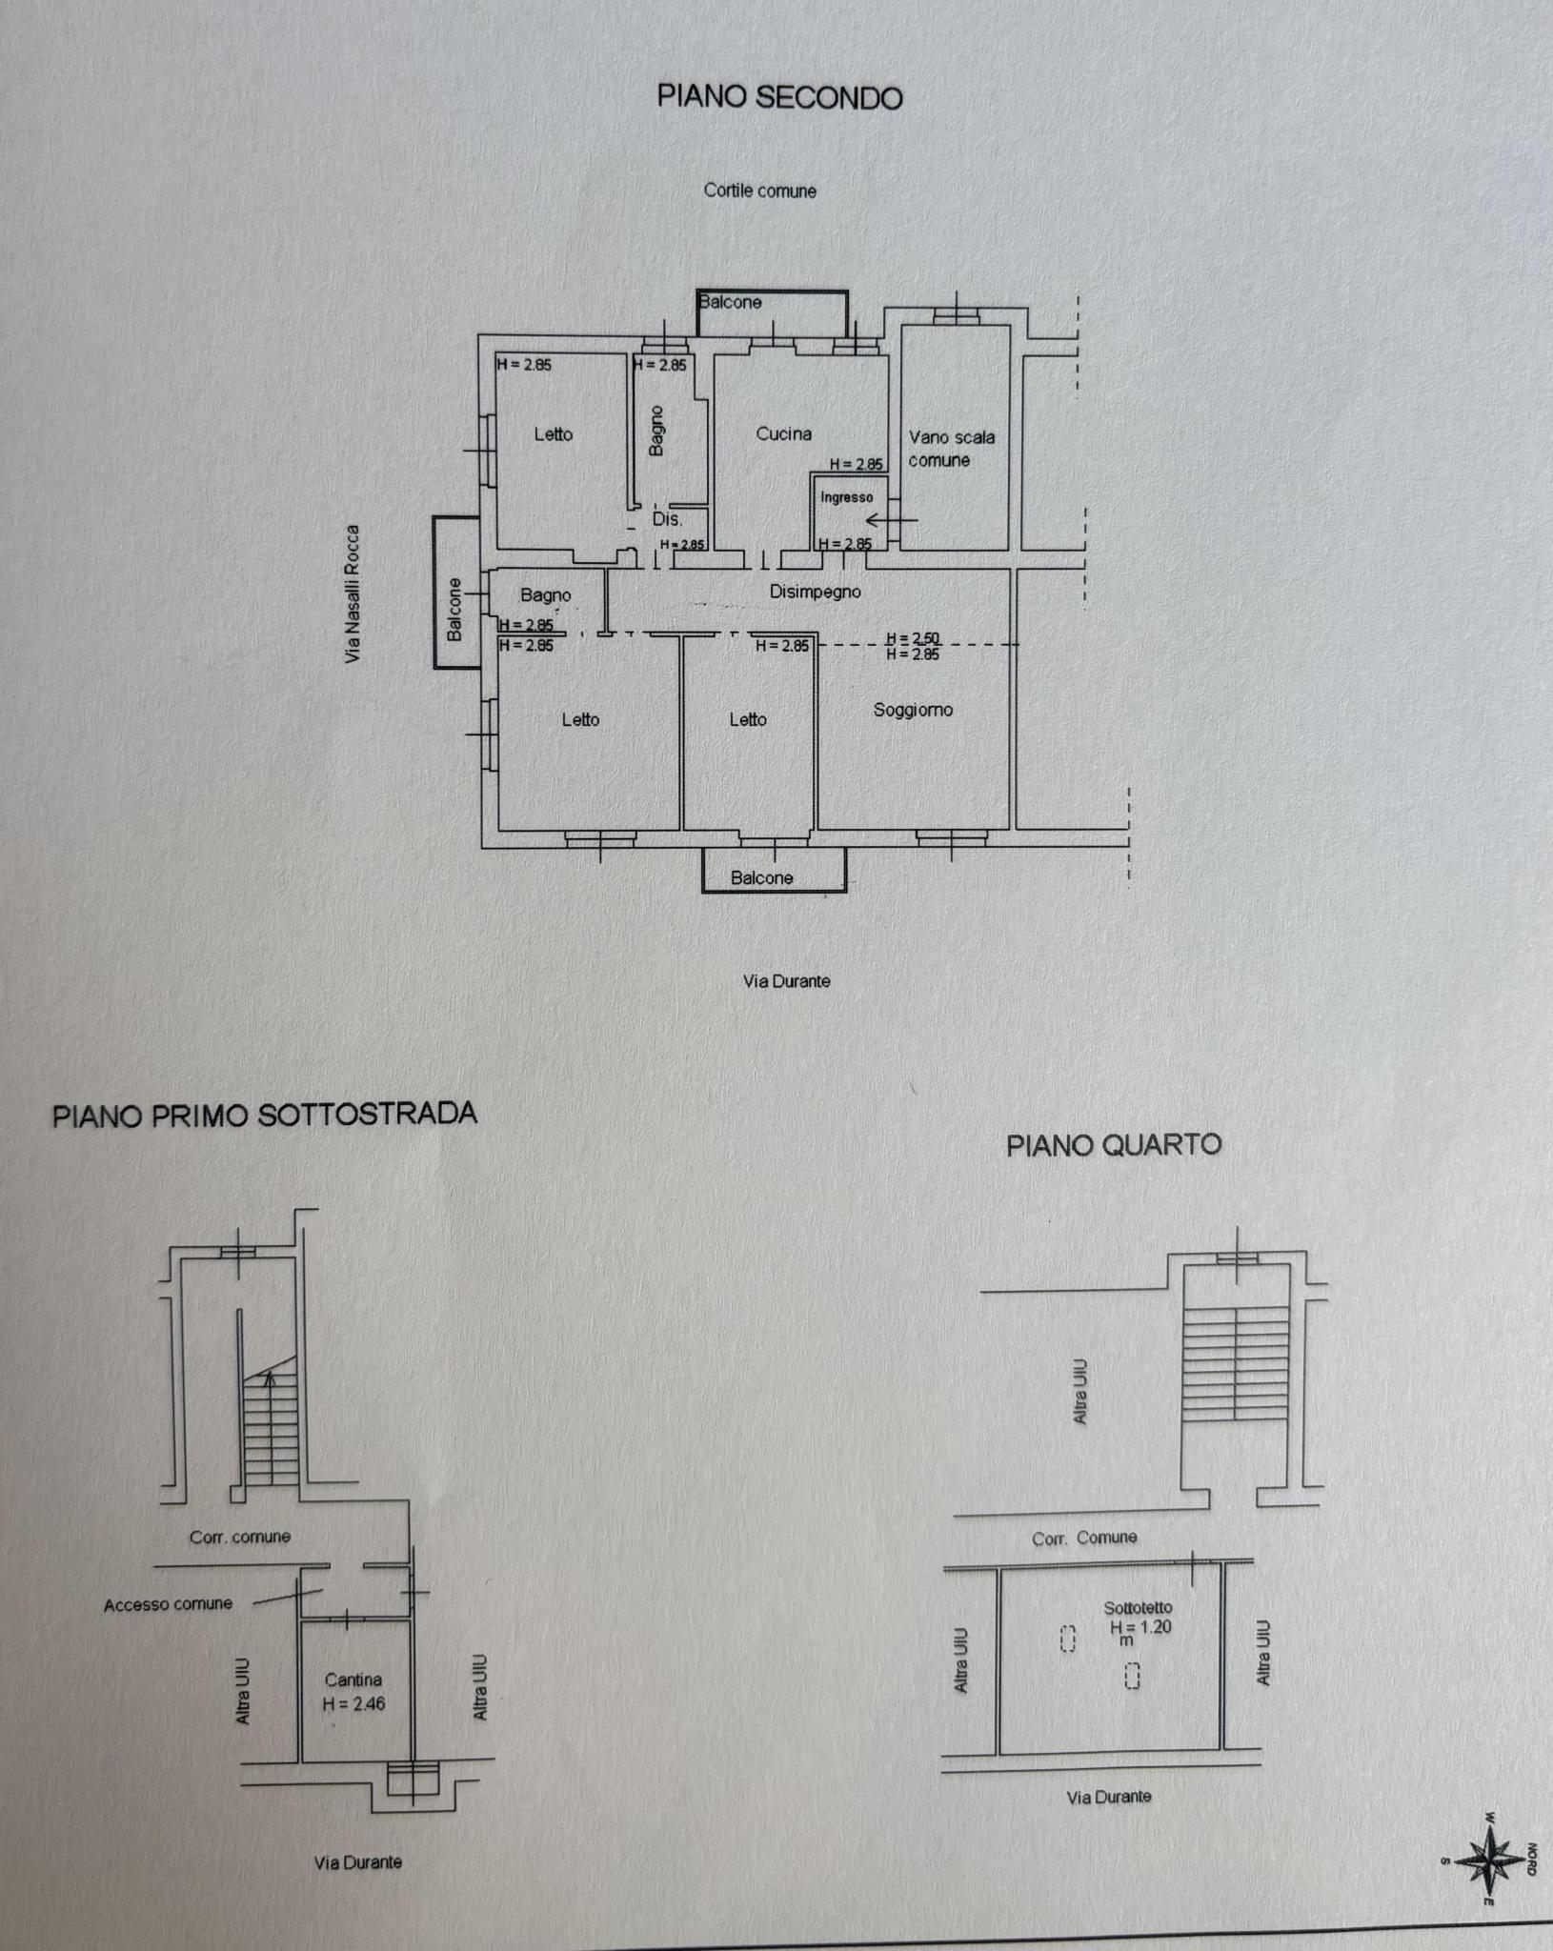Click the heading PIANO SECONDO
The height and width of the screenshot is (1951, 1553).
click(779, 97)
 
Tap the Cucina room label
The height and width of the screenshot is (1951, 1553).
click(784, 433)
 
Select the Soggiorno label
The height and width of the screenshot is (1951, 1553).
click(913, 710)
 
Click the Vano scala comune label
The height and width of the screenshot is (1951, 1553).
click(951, 449)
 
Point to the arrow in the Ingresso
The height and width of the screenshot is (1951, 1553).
click(892, 520)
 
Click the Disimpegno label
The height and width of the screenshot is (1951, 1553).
click(816, 592)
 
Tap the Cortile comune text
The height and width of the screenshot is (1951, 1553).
click(760, 191)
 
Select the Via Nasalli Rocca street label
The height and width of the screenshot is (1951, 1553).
click(353, 593)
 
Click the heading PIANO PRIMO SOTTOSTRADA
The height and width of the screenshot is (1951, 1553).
click(264, 1115)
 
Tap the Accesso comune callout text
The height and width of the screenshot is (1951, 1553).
click(168, 1604)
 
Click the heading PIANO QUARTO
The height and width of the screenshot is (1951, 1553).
click(1114, 1144)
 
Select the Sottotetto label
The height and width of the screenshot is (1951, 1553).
click(1138, 1608)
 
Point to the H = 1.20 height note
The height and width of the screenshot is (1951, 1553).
click(1140, 1627)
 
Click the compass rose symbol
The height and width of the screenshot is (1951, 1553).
click(1489, 1859)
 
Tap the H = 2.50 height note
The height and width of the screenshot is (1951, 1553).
click(913, 639)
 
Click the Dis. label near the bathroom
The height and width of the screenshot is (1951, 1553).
click(667, 519)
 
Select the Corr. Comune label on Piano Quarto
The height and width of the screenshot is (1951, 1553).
click(1084, 1538)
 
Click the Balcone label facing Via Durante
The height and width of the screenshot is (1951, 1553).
click(761, 877)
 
